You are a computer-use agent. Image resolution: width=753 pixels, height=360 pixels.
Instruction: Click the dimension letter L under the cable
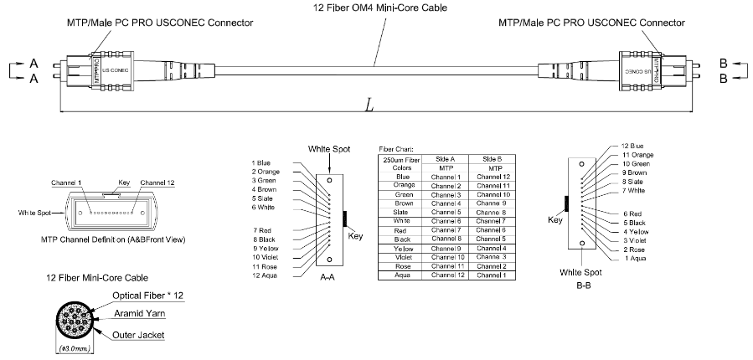coord(369,105)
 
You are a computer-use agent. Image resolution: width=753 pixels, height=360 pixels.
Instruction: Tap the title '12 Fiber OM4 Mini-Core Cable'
coord(376,8)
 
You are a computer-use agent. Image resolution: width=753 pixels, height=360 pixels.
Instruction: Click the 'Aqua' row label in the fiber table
coord(404,275)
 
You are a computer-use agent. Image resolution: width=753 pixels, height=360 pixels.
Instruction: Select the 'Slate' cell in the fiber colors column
coord(404,212)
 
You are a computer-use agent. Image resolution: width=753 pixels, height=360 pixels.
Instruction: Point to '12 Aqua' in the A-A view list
coord(264,275)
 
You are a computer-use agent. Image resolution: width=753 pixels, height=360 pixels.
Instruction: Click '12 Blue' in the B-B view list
coord(632,146)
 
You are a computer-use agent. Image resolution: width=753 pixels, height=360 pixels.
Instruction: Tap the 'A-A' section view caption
coord(328,283)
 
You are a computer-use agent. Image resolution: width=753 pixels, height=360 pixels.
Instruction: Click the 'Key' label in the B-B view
coord(555,220)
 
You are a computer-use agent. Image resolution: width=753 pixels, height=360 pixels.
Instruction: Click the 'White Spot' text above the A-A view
coord(329,148)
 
